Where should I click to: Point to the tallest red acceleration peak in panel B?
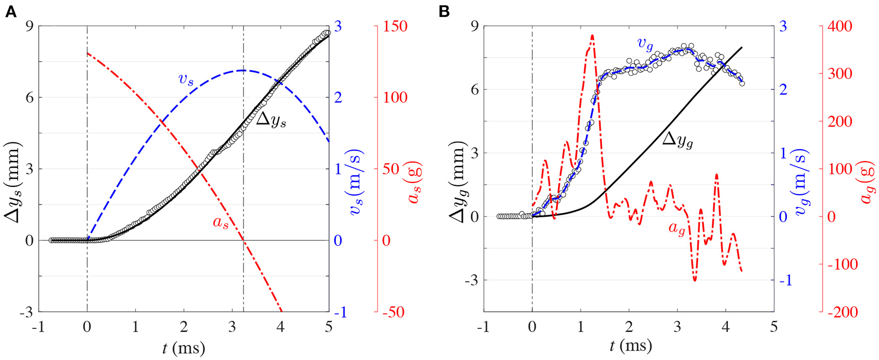pos(592,36)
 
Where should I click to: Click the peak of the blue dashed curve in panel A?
pos(243,70)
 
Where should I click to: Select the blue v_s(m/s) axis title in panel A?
pos(358,182)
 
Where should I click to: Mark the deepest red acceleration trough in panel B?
pos(694,280)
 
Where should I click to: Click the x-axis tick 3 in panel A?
pos(232,327)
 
